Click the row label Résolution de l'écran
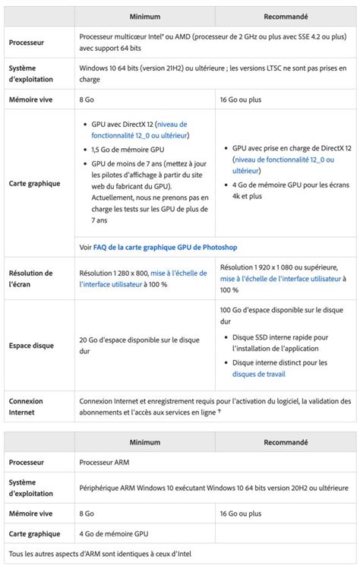30,278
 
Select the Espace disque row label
32,345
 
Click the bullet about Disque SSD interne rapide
280,343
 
